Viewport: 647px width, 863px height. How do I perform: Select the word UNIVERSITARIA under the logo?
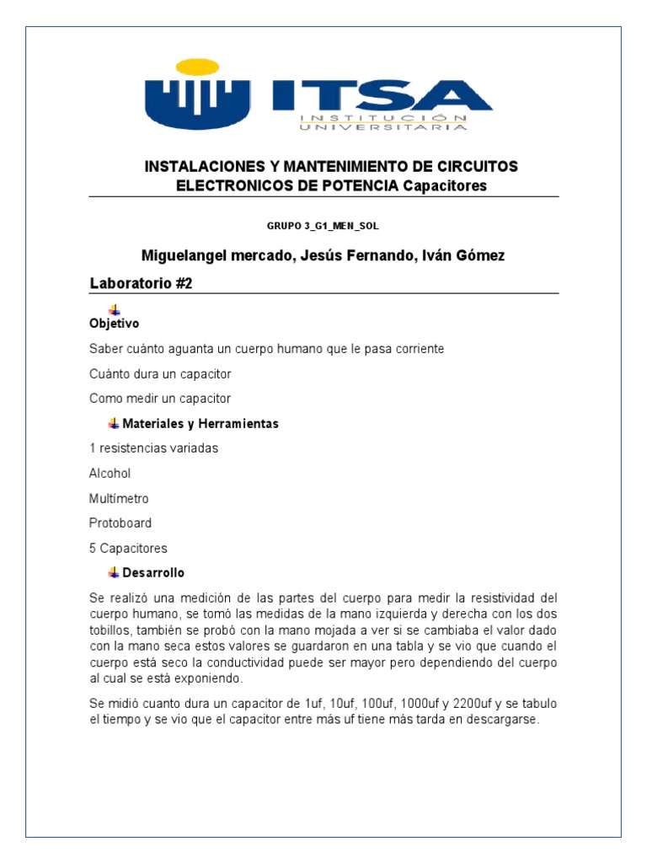pyautogui.click(x=382, y=126)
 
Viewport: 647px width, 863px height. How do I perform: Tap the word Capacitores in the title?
pyautogui.click(x=445, y=186)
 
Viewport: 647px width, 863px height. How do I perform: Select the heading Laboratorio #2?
pyautogui.click(x=142, y=284)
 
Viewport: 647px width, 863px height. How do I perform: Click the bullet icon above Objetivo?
pyautogui.click(x=115, y=309)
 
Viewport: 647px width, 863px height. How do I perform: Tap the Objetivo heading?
pyautogui.click(x=115, y=324)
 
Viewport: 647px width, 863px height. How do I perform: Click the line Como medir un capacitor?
pyautogui.click(x=160, y=398)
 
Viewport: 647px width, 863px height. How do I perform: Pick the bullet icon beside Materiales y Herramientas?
pyautogui.click(x=115, y=422)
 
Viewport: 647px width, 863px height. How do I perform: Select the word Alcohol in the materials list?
pyautogui.click(x=110, y=474)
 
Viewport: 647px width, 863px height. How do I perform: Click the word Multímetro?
pyautogui.click(x=119, y=499)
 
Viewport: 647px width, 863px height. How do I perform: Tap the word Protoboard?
pyautogui.click(x=120, y=523)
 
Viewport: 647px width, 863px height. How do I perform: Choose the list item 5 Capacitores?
pyautogui.click(x=128, y=548)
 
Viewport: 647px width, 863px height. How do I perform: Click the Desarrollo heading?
pyautogui.click(x=153, y=573)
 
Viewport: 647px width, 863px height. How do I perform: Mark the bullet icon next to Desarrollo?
pyautogui.click(x=115, y=572)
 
